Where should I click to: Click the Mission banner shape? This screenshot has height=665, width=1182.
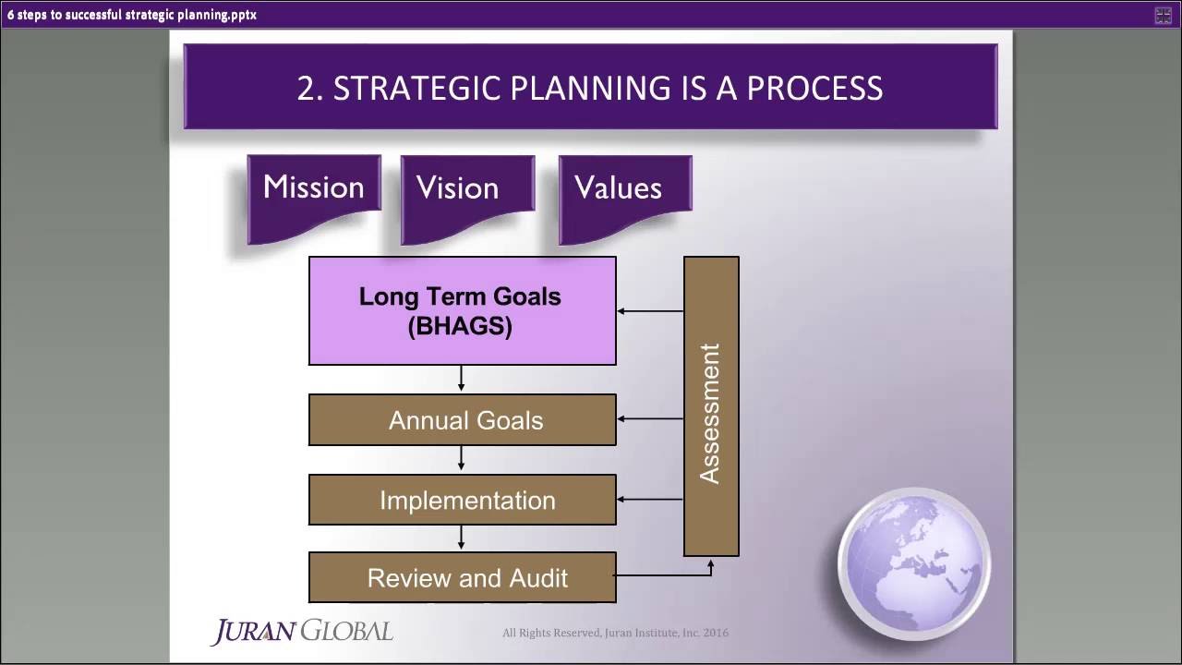coord(314,194)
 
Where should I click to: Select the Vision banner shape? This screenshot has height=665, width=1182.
coord(467,194)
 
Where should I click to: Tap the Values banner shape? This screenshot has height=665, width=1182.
coord(625,194)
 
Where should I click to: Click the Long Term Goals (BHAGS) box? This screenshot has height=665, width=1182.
coord(462,311)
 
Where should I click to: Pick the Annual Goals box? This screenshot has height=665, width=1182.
coord(462,420)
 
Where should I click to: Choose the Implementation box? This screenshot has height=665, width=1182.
coord(462,500)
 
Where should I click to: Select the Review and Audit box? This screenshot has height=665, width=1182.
coord(462,578)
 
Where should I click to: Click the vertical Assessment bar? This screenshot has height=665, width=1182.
coord(711,406)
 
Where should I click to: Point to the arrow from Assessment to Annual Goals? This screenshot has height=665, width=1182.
coord(650,419)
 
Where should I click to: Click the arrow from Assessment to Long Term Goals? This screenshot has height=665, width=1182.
coord(650,311)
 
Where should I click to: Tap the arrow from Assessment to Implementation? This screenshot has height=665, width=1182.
coord(650,500)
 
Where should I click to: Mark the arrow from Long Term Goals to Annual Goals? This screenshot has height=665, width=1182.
coord(461,379)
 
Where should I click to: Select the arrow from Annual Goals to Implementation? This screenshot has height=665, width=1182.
coord(461,459)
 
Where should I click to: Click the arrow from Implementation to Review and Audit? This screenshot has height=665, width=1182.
coord(461,538)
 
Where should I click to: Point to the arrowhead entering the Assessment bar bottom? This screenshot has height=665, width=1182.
coord(711,562)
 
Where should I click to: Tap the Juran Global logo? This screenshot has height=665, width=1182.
coord(302,632)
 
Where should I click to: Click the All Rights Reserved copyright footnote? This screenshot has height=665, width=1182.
coord(615,633)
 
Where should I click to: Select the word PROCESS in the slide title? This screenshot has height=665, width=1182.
coord(814,88)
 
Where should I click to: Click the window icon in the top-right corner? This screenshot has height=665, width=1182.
coord(1164,15)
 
